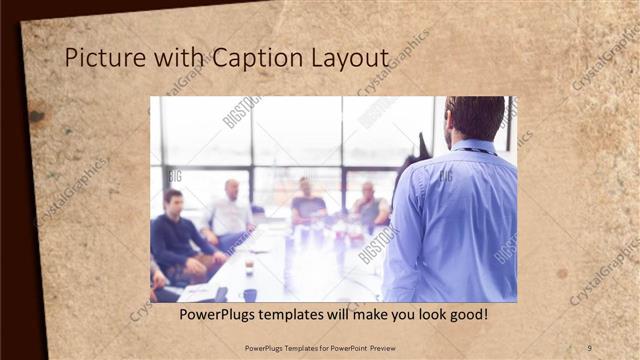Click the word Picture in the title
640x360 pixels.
pyautogui.click(x=99, y=59)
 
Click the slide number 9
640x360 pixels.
pyautogui.click(x=588, y=347)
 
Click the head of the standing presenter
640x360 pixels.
pyautogui.click(x=474, y=118)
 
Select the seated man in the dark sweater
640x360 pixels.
pyautogui.click(x=177, y=236)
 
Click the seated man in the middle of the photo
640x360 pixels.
pyautogui.click(x=307, y=204)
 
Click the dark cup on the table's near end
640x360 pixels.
pyautogui.click(x=249, y=294)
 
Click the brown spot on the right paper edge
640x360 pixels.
pyautogui.click(x=562, y=273)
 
